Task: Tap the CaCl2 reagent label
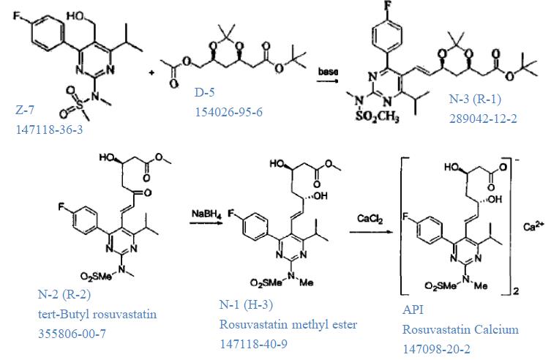coord(366,218)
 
